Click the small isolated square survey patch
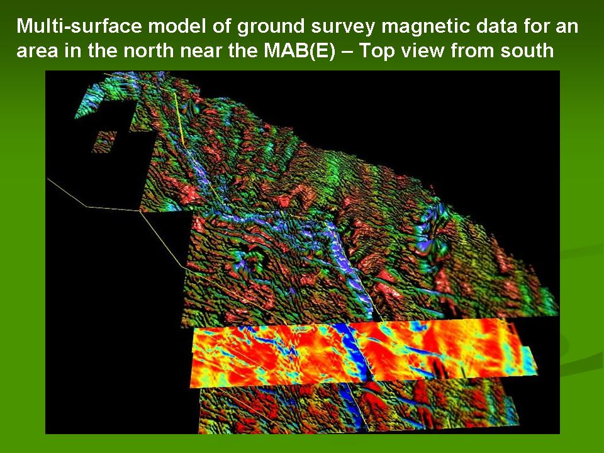104,142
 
